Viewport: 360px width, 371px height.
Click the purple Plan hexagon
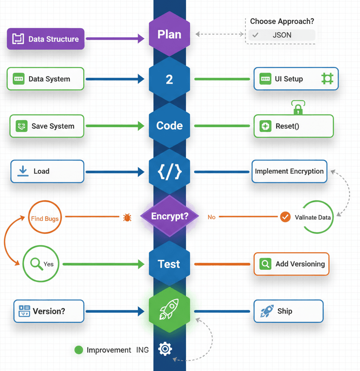[x=170, y=34]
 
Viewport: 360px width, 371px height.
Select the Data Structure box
[x=46, y=39]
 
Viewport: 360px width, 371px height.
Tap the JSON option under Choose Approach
[x=282, y=35]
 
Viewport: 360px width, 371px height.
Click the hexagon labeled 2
[x=170, y=79]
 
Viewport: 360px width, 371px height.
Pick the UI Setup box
[x=296, y=79]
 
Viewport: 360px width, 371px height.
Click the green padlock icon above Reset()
[x=298, y=109]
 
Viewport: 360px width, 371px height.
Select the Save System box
[x=47, y=126]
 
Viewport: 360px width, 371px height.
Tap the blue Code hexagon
[x=170, y=125]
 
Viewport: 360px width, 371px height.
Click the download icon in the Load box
[x=23, y=171]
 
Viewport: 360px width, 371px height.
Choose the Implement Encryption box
[x=289, y=171]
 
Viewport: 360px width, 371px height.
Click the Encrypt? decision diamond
[x=170, y=216]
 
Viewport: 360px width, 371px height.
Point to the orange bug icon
[x=127, y=217]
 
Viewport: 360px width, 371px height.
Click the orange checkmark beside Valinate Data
[x=285, y=217]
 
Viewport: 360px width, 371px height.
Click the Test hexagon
[x=170, y=264]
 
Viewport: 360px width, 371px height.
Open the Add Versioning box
[x=291, y=264]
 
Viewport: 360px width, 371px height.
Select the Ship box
[x=288, y=311]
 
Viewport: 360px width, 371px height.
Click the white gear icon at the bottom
[x=165, y=349]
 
